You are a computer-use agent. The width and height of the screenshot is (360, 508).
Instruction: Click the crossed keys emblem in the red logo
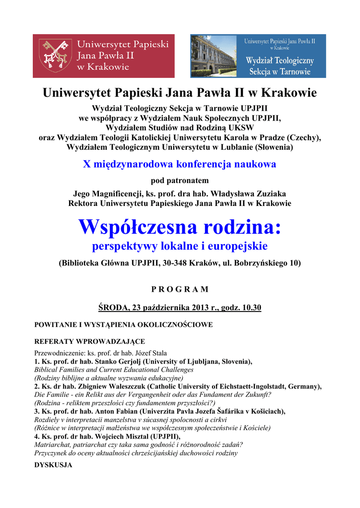click(x=55, y=55)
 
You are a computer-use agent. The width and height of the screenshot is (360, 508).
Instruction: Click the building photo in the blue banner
click(x=214, y=56)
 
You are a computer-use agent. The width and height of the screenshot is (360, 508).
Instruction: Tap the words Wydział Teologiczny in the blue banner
click(x=280, y=61)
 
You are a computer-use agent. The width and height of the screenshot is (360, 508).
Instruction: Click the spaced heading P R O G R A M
click(x=180, y=289)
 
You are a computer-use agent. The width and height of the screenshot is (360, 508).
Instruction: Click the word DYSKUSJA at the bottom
click(x=53, y=465)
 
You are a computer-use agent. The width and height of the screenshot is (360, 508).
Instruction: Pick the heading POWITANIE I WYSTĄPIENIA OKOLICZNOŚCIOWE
click(x=123, y=325)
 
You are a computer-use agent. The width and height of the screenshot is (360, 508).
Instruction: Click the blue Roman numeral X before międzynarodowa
click(x=86, y=164)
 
